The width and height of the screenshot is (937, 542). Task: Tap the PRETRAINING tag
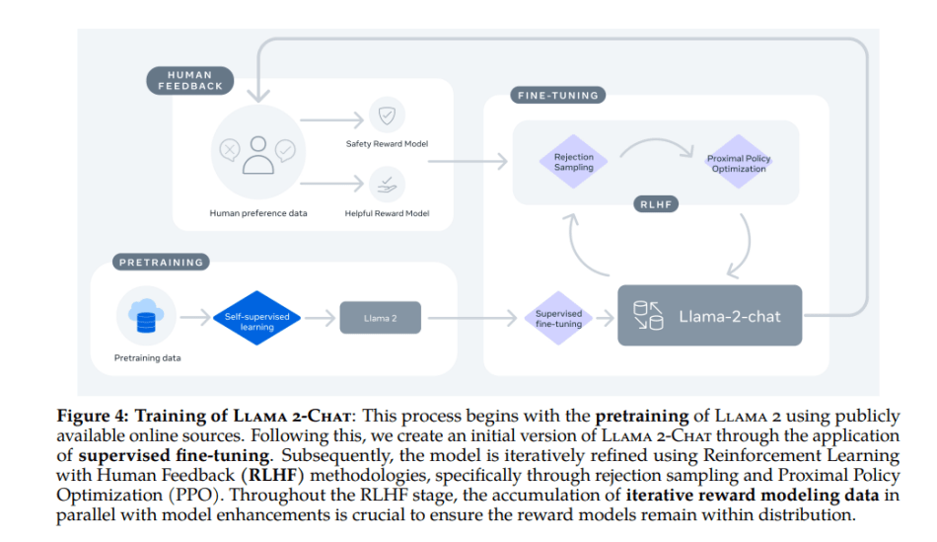coord(161,263)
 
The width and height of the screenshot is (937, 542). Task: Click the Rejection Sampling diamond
coord(573,162)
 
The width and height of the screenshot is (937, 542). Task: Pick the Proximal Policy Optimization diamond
coord(738,163)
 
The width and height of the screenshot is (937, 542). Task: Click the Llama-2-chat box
coord(710,317)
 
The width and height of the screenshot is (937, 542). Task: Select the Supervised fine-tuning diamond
coord(558,318)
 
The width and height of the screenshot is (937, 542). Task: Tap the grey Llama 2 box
coord(380,317)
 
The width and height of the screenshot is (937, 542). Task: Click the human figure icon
coord(256,153)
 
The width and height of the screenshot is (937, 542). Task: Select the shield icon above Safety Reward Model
coord(386,116)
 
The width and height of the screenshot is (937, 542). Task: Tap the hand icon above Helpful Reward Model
coord(386,183)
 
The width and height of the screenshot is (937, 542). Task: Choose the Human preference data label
coord(257,212)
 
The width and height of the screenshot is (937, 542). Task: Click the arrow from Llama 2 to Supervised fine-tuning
coord(473,318)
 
